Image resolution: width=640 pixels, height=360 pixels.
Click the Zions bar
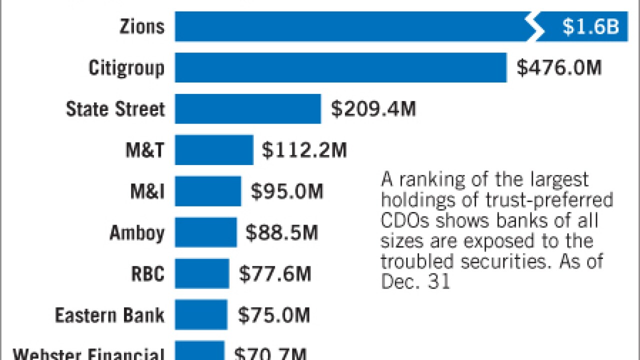350,26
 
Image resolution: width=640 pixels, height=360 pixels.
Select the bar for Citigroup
340,67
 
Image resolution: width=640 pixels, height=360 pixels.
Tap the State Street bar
247,108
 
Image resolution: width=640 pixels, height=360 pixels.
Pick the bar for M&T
214,149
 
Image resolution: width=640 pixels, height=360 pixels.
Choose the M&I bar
208,191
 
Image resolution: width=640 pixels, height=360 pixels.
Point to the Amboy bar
205,232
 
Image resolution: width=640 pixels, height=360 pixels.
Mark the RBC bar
202,273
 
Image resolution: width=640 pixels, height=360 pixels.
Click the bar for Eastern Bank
201,314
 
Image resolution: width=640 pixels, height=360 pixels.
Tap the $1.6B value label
590,27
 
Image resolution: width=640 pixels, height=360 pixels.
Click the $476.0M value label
559,68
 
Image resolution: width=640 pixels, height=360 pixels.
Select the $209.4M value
373,109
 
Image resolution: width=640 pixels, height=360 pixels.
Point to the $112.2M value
304,150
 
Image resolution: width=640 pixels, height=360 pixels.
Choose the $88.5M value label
281,232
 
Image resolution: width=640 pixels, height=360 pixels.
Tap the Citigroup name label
126,68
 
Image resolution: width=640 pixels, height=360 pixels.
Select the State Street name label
115,109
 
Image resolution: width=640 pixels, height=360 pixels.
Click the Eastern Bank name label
109,315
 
